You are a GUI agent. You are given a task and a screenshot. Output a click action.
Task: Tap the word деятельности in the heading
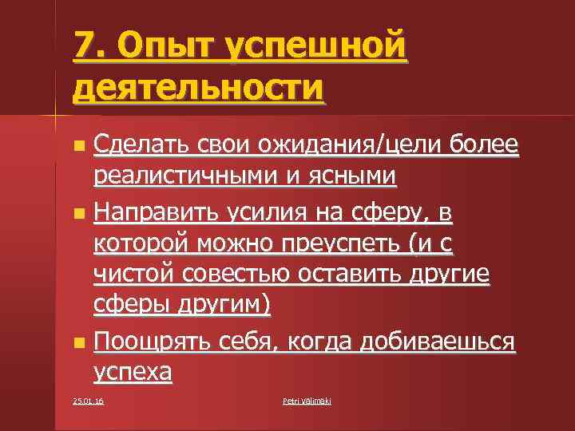[x=199, y=87]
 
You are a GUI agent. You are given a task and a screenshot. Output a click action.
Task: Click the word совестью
[x=239, y=274]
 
